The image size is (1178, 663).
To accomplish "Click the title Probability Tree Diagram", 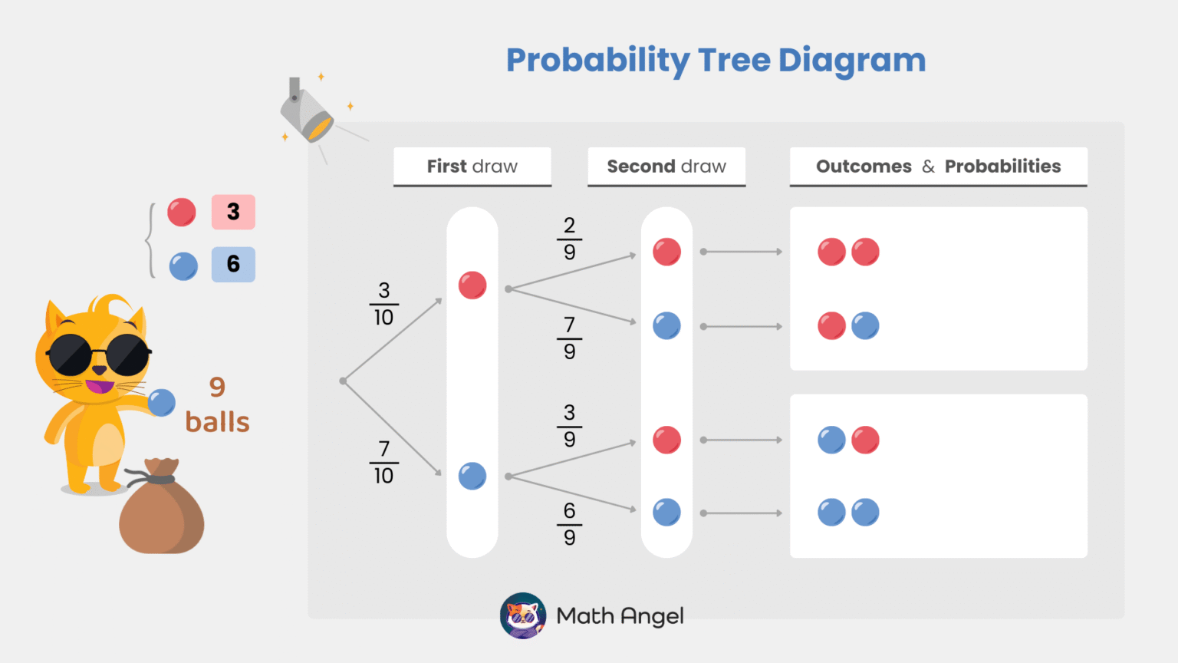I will (x=716, y=61).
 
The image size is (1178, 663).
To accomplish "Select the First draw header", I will (x=472, y=167).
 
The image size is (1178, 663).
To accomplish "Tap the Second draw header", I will (x=666, y=167).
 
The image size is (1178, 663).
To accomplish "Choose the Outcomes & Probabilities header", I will (x=938, y=167).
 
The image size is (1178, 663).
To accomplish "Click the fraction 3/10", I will (x=383, y=304).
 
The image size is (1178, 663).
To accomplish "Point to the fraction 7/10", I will (x=383, y=462).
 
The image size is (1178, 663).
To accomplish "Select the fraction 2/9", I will (x=569, y=239).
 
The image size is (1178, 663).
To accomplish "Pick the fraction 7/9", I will (x=569, y=338).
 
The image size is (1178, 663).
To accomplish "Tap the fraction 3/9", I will (x=569, y=426).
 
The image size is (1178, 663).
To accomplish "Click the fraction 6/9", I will (x=569, y=524).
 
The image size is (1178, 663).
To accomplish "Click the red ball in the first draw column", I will (x=472, y=285).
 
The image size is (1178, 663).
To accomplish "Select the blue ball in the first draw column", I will (x=472, y=476).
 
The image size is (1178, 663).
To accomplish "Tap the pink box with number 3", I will (x=233, y=212).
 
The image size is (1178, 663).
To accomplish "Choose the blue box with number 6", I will (x=233, y=264).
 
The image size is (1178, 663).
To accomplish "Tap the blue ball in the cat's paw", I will (x=162, y=402).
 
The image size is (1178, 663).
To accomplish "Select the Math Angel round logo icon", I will (x=523, y=615).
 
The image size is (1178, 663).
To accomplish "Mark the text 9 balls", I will (x=218, y=405).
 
